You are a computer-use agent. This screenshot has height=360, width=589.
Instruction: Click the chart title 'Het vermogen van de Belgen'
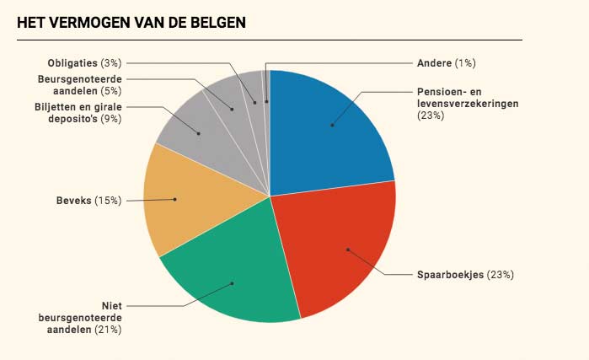pyautogui.click(x=131, y=22)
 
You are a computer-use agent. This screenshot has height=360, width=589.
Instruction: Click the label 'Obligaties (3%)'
pyautogui.click(x=85, y=63)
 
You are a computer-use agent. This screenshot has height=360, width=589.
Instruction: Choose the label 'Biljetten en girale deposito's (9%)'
pyautogui.click(x=78, y=113)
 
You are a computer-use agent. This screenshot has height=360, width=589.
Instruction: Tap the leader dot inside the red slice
pyautogui.click(x=347, y=249)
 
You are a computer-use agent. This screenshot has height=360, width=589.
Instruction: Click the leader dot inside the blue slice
pyautogui.click(x=333, y=126)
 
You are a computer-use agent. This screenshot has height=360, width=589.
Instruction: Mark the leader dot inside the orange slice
pyautogui.click(x=174, y=199)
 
